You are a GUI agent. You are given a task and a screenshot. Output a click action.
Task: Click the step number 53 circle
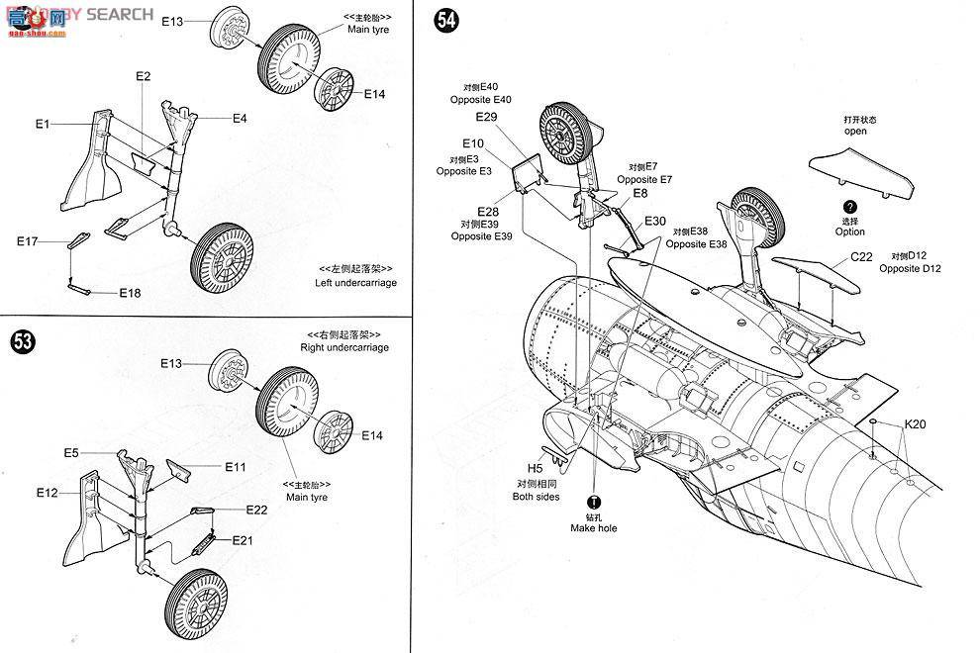[21, 342]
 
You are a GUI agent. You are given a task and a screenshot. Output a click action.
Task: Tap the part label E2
[143, 76]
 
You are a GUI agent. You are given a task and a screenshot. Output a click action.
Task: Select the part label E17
[27, 241]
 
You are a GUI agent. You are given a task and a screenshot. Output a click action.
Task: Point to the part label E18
[130, 293]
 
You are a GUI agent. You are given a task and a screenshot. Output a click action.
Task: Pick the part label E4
[240, 119]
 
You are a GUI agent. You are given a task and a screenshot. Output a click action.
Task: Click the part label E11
[235, 466]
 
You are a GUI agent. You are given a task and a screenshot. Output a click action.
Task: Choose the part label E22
[257, 510]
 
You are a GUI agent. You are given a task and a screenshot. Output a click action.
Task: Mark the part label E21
[243, 540]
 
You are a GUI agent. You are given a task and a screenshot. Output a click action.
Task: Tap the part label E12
[48, 492]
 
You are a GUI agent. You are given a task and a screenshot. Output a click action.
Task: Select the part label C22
[861, 256]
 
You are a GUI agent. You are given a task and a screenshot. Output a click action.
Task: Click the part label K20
[914, 423]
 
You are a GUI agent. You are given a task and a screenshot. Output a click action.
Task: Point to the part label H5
[535, 467]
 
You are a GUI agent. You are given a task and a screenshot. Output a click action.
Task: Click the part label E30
[655, 221]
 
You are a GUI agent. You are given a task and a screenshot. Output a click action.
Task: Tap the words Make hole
[593, 528]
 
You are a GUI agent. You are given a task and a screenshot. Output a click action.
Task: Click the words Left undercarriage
[355, 283]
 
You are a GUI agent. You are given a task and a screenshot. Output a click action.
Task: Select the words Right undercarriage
[343, 347]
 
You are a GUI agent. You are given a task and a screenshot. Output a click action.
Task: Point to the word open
[855, 131]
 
